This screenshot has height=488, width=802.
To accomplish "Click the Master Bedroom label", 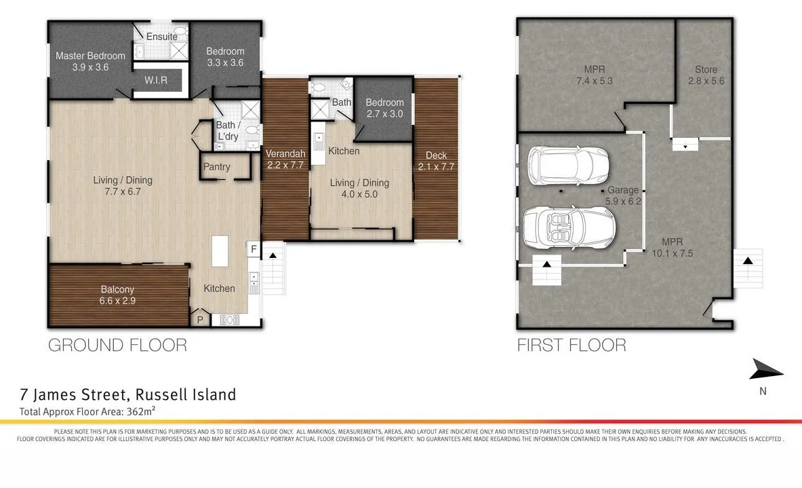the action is click(x=91, y=56).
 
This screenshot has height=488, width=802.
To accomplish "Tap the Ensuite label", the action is click(x=161, y=37).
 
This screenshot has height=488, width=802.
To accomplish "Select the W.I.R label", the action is click(x=155, y=80).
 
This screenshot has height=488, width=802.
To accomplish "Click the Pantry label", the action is click(x=216, y=167).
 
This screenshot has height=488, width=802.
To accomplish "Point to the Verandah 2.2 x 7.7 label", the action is click(x=285, y=159).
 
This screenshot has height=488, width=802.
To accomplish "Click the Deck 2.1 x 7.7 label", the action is click(x=436, y=161).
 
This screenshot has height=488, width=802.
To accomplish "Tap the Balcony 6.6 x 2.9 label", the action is click(x=117, y=295).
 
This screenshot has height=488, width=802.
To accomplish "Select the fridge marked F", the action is click(x=254, y=249).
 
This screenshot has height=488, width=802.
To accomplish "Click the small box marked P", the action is click(x=200, y=320).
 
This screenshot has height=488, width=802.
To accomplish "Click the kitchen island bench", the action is click(x=220, y=251).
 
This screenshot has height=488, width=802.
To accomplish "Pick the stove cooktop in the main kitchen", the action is click(x=230, y=320).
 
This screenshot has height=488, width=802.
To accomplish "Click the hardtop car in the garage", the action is click(x=567, y=166).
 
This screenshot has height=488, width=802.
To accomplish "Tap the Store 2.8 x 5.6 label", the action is click(x=706, y=75).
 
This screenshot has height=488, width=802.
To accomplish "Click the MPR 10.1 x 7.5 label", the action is click(x=672, y=247).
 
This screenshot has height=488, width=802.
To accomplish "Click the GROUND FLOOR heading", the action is click(x=118, y=345).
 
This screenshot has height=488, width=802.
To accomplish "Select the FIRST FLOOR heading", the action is click(x=572, y=345).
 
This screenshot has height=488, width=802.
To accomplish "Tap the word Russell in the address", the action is click(x=161, y=395).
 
